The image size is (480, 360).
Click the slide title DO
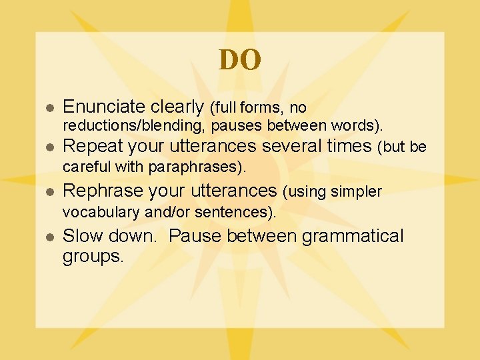click(240, 61)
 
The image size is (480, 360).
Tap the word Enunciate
click(103, 107)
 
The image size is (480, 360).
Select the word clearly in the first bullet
click(177, 107)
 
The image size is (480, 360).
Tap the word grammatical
click(353, 237)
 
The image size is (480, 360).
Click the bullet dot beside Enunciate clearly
click(48, 108)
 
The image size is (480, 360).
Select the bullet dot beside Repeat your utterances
click(48, 147)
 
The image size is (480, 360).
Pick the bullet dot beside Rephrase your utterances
click(48, 193)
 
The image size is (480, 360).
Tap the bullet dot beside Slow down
click(48, 237)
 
